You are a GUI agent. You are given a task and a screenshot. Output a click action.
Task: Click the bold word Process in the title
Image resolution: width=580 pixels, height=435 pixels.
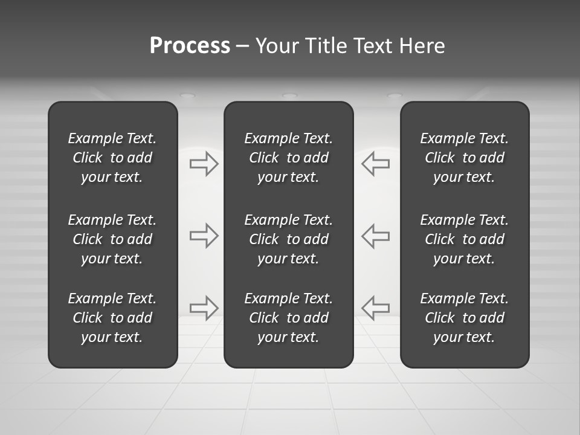pos(190,46)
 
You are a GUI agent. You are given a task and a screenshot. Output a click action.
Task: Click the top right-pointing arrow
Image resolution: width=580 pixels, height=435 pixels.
pos(204,164)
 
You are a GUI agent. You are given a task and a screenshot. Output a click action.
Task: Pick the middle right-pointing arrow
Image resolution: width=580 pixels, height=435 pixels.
pos(204,236)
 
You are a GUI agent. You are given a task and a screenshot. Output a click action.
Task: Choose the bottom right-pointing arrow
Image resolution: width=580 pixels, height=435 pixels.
pos(204,308)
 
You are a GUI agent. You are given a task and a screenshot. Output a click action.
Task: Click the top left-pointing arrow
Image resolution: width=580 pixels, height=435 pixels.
pos(375,164)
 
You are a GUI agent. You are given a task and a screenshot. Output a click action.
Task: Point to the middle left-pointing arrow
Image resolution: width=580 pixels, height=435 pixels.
pos(375,236)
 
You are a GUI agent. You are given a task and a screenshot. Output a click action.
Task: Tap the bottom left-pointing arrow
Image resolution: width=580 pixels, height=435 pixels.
pos(375,308)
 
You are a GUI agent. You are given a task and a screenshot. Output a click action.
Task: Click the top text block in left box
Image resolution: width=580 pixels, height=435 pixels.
pos(112,158)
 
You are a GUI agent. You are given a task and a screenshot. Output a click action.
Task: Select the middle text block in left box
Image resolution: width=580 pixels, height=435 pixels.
pos(112,239)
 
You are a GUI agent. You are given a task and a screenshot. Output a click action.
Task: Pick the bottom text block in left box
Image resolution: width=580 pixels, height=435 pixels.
pos(112,318)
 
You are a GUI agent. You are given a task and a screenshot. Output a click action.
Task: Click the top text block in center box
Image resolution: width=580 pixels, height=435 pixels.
pos(288,158)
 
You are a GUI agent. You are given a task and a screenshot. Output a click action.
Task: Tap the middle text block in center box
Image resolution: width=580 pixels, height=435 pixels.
pos(288,239)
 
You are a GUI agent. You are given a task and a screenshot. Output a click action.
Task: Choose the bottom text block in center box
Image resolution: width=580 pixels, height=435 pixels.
pos(288,318)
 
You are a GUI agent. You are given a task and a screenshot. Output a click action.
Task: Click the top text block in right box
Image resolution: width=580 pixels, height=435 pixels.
pos(464,158)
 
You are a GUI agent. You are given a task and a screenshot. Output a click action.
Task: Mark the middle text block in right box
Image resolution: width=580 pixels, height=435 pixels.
pos(464,239)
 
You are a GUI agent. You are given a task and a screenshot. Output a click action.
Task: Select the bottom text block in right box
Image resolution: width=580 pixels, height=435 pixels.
pos(464,318)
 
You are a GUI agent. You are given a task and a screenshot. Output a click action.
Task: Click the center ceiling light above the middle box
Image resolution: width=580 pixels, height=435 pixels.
pos(290,95)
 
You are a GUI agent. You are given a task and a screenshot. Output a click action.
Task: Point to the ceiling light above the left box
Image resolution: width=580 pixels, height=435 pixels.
pos(188,95)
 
